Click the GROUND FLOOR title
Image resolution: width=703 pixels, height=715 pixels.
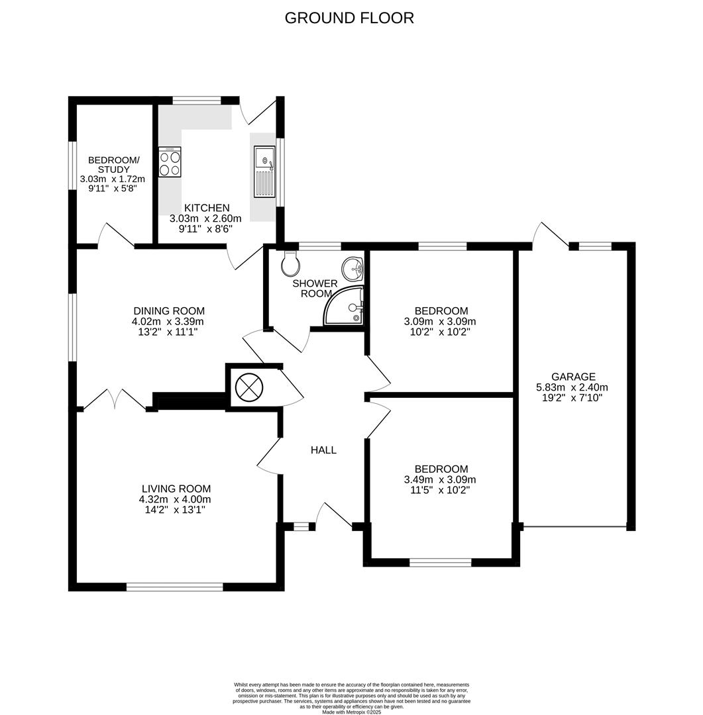(x=349, y=18)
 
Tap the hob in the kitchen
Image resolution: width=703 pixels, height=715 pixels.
(x=170, y=162)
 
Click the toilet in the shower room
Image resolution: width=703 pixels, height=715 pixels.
(x=290, y=263)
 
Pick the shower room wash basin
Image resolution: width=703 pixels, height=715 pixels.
(x=352, y=268)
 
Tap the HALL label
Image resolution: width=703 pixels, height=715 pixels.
(x=323, y=450)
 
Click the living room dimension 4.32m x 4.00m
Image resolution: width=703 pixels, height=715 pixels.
(x=175, y=499)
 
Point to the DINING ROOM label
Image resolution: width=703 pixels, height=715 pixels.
(x=169, y=310)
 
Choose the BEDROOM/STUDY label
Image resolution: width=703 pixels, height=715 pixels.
(x=114, y=165)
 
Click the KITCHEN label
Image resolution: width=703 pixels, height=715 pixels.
(x=207, y=208)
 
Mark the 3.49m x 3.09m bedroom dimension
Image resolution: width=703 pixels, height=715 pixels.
(x=440, y=480)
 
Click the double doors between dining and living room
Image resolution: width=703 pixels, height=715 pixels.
(x=115, y=400)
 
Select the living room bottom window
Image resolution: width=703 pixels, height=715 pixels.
(x=175, y=587)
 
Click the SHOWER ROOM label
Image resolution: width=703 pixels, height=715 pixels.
(x=315, y=289)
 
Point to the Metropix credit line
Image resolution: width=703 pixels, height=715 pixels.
(x=351, y=712)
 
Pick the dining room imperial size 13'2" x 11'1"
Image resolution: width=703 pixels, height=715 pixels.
(x=169, y=332)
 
